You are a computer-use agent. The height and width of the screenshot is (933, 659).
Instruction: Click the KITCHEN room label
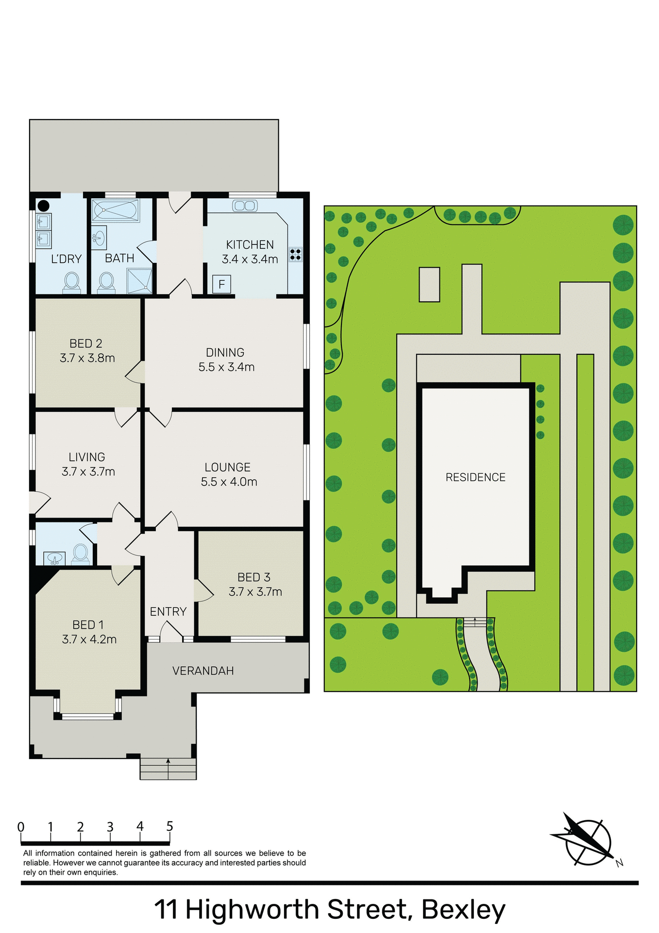click(x=250, y=245)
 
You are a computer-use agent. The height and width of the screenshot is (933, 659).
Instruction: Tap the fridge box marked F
click(x=221, y=284)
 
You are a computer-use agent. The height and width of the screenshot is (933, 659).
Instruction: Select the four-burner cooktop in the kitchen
click(x=295, y=254)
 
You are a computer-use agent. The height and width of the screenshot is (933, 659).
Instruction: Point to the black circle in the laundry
click(x=43, y=206)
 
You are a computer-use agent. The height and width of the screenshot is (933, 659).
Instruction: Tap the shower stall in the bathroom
click(x=139, y=280)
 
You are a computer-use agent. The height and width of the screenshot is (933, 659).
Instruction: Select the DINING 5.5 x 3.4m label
click(x=226, y=360)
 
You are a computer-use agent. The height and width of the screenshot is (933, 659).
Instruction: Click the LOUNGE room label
click(x=228, y=467)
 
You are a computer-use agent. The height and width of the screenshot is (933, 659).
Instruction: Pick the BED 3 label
click(x=253, y=577)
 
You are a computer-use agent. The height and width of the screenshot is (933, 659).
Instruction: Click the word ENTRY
click(x=168, y=612)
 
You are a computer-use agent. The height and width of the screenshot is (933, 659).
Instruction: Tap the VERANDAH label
click(x=203, y=671)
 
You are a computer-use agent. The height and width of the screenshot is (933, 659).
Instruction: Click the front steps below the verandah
click(x=168, y=769)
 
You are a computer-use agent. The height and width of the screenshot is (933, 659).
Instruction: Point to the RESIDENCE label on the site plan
click(x=475, y=478)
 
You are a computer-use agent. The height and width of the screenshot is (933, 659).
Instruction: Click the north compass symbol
click(x=588, y=842)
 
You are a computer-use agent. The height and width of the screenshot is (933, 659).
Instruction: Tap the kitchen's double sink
click(x=245, y=206)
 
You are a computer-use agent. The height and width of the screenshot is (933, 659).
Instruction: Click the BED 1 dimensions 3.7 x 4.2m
click(x=89, y=639)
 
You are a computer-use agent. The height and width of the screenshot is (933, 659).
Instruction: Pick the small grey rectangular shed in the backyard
click(x=429, y=285)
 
